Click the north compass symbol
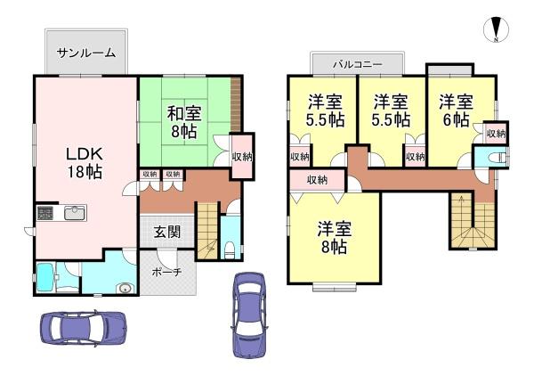click(497, 29)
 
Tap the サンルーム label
click(86, 53)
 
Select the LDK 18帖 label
click(85, 163)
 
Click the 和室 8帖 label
click(184, 122)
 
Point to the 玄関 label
click(167, 233)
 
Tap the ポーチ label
click(167, 272)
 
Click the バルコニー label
click(358, 64)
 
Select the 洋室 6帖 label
click(456, 110)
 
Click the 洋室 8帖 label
click(334, 238)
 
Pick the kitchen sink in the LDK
click(75, 213)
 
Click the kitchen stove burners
click(45, 213)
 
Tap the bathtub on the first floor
click(45, 277)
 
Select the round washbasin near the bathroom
click(125, 289)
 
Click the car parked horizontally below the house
click(84, 328)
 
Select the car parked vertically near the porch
click(249, 315)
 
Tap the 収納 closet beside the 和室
click(242, 157)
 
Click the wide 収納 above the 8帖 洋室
click(317, 180)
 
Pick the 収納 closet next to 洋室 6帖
click(497, 134)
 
